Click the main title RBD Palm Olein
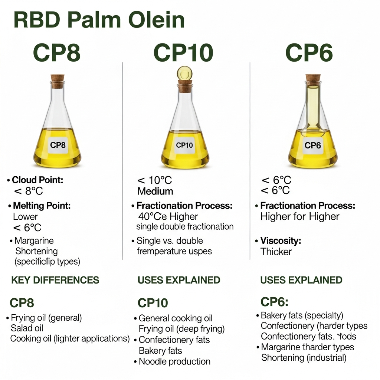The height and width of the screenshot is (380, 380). point(99,20)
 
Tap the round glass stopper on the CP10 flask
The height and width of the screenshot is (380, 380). point(184,72)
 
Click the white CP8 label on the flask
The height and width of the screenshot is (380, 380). point(58,145)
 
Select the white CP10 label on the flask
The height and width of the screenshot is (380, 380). point(184,145)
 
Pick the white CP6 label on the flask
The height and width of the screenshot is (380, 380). point(312,145)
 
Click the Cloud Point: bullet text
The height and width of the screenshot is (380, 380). point(37,180)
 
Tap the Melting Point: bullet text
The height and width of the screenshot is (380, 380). point(42,206)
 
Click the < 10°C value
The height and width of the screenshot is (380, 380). point(154,181)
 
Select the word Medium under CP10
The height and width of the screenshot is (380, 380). point(155,191)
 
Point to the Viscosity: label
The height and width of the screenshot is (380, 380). point(281,240)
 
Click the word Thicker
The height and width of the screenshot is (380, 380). point(276,252)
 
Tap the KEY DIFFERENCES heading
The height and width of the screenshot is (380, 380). point(55,280)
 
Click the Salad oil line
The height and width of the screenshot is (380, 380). point(27,328)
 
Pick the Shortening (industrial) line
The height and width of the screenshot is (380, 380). point(304,358)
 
